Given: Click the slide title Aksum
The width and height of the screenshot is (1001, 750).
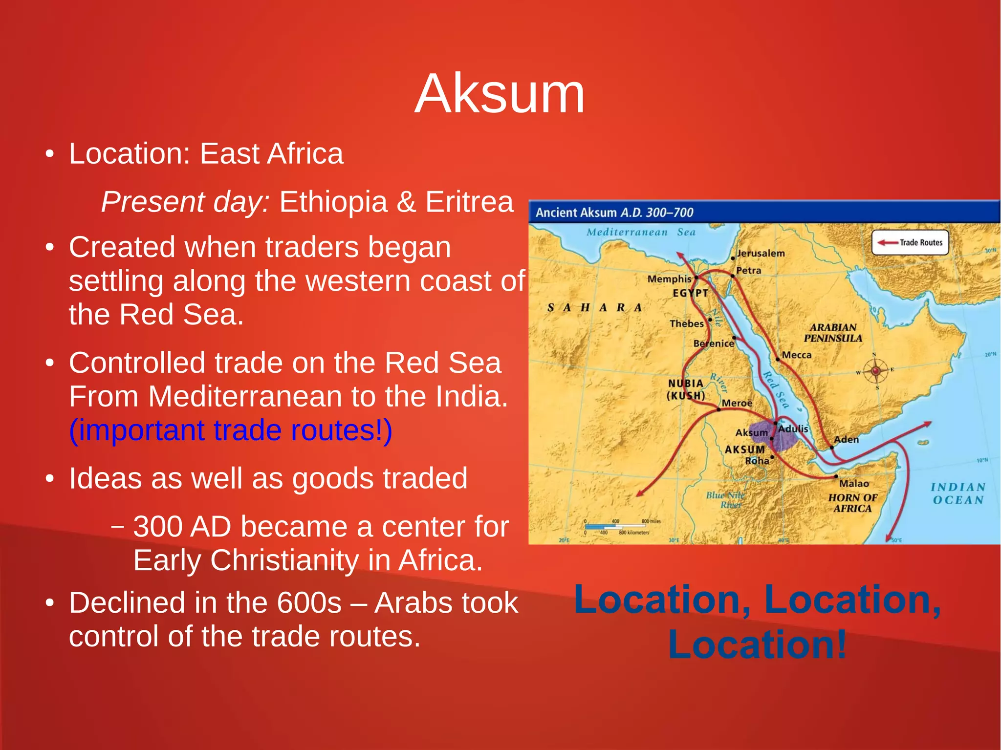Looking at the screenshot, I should coord(500,94).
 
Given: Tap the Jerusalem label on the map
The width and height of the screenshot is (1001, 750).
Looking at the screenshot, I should coord(761,253).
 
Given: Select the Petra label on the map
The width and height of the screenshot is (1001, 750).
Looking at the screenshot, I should coord(749,270).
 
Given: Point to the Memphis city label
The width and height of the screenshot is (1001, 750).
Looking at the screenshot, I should coord(669,279).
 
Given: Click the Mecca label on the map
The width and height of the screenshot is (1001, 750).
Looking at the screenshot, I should coord(797,355).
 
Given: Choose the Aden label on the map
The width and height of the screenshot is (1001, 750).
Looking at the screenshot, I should coord(847,439).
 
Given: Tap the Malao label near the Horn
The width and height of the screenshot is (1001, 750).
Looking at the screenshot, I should coord(854,483).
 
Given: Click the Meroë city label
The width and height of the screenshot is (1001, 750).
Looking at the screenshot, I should coord(737,403).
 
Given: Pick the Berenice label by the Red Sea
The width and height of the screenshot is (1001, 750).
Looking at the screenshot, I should coord(714,343).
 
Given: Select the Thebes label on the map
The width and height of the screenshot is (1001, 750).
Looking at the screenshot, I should coord(687,323).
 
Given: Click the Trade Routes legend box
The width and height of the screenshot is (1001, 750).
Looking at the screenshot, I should coord(910,242).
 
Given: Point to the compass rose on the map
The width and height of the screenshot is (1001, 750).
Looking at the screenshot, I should coord(875,371).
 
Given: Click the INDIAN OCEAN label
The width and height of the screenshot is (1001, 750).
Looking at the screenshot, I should coord(957,493).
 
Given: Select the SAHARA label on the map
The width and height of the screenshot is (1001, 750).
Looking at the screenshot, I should coord(594,308).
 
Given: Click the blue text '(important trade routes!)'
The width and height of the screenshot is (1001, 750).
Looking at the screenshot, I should coord(230,430).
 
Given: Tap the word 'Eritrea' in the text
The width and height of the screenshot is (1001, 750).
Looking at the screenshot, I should coord(469,202).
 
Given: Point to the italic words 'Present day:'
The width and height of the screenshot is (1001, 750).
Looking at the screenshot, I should coord(185,202).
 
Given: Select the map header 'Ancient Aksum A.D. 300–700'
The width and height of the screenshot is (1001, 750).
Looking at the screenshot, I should coord(614,213).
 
